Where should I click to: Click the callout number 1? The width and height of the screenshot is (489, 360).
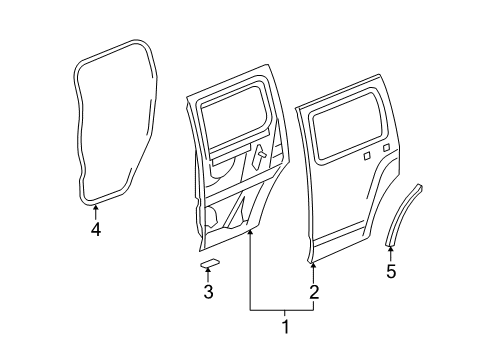point(286,325)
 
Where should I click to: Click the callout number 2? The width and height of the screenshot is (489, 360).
point(313,292)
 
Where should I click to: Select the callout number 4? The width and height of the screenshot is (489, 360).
point(96,228)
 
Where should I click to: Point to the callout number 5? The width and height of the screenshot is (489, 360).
point(391,270)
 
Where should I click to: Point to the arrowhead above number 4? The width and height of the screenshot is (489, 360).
point(96,208)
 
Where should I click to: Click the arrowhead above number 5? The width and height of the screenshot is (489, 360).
point(391,250)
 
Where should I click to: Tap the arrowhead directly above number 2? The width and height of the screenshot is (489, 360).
point(313,269)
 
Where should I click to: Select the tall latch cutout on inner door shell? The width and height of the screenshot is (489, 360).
point(260,160)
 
